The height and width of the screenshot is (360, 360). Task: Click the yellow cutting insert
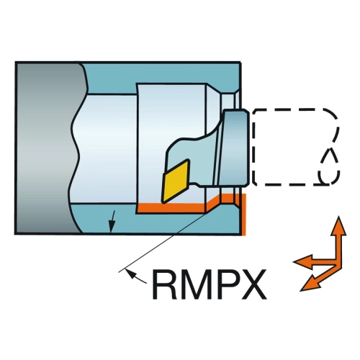[176, 181]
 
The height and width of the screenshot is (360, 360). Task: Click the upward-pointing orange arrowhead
[338, 227]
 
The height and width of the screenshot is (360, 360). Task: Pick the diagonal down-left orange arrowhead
[310, 284]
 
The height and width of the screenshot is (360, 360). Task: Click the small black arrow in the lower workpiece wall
[112, 222]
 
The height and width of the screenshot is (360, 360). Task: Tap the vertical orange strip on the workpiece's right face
[243, 215]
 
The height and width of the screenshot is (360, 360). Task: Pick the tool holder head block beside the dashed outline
[235, 148]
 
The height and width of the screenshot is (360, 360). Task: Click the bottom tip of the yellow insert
[163, 203]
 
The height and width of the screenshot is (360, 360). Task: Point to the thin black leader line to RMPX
[163, 243]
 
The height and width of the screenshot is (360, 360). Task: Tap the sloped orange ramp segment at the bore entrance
[213, 203]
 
